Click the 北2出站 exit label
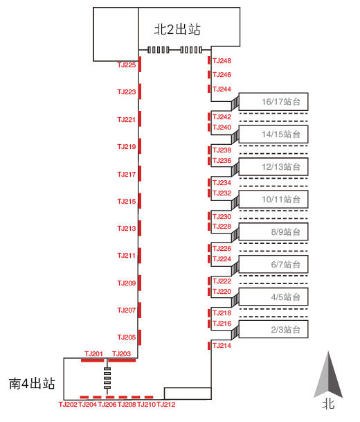pos(177,29)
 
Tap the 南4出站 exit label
pos(32,383)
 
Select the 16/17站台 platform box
pos(273,102)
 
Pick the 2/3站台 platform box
pos(273,329)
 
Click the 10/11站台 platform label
pos(281,200)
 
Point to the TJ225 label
pos(127,65)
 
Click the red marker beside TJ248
pos(209,60)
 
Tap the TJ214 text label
pos(222,346)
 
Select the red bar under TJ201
pos(92,360)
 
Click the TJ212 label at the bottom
pos(166,405)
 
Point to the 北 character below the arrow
pos(328,404)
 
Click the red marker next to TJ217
pos(140,174)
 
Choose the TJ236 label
pos(222,161)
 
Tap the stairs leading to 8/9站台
pos(235,235)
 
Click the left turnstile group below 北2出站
pos(159,50)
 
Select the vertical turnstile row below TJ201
pos(107,378)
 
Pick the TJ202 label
pos(68,405)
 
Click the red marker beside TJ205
pos(140,337)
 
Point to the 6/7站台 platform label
pos(285,265)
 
